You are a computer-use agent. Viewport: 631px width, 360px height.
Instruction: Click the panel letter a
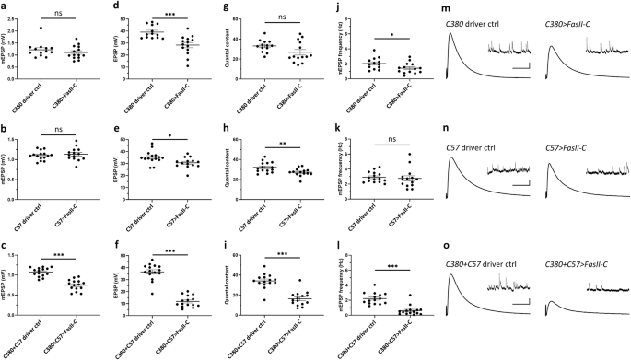[x=5, y=8]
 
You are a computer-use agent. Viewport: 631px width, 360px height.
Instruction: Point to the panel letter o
[x=446, y=246]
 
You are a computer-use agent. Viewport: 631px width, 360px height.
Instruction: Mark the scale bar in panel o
[x=521, y=319]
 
